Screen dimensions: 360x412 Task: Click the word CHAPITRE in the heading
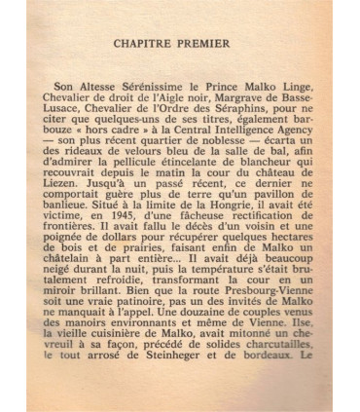155,43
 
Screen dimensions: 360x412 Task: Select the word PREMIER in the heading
216,43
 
